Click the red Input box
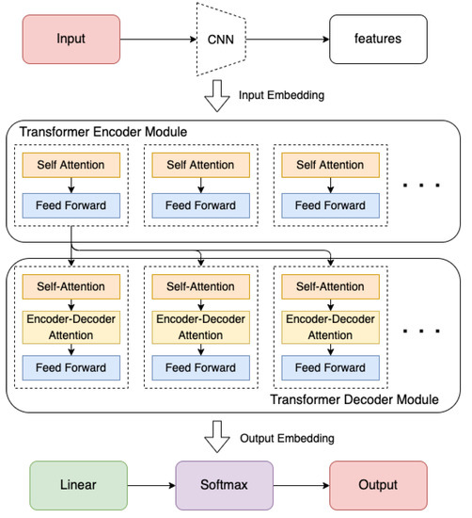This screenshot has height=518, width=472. point(67,39)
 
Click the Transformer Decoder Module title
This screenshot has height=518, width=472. point(354,399)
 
